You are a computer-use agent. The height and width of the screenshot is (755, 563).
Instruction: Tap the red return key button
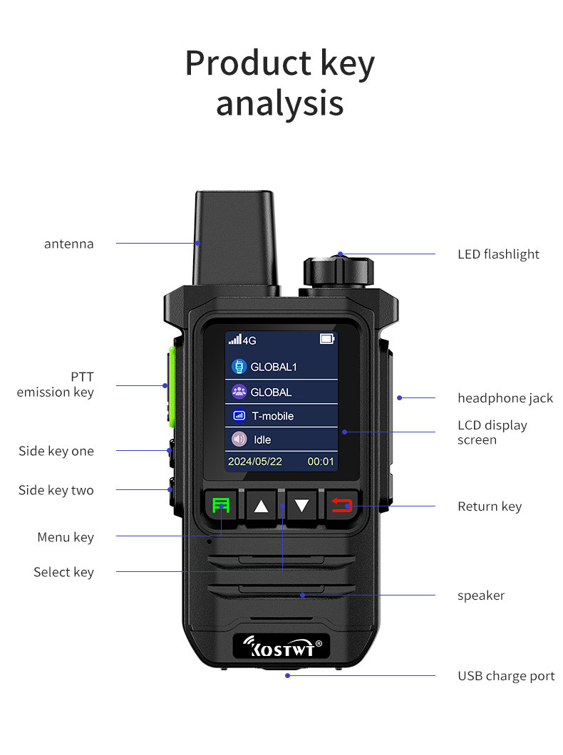click(342, 506)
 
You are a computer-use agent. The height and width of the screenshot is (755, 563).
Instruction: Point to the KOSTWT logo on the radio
click(281, 647)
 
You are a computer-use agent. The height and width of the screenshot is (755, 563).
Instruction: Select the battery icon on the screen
click(327, 339)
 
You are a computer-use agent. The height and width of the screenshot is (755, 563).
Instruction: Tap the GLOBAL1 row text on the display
click(273, 368)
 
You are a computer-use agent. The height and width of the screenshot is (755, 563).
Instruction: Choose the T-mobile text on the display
click(272, 416)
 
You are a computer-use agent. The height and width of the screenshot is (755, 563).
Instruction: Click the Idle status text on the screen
click(262, 439)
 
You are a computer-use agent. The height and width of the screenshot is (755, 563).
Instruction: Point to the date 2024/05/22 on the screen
click(254, 462)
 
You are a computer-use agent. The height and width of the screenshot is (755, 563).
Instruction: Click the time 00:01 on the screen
click(321, 462)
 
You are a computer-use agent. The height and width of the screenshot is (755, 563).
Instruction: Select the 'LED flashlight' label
click(498, 254)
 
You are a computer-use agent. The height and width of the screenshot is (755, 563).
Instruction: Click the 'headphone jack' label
click(505, 398)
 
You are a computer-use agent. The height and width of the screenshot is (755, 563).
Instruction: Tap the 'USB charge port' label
click(505, 676)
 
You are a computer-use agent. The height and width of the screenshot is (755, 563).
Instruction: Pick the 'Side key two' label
click(56, 490)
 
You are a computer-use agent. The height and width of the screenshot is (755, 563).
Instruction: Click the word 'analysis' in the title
click(280, 103)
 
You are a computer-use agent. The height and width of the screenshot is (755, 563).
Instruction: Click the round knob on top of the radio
click(339, 271)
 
